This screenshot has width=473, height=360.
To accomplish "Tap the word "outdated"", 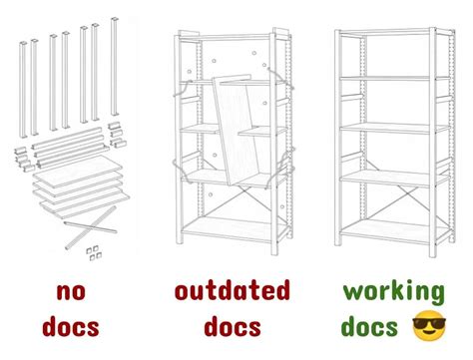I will click(x=233, y=293).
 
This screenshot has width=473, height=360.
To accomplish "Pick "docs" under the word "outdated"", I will click(x=233, y=326).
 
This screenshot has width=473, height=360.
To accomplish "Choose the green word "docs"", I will click(x=371, y=326).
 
